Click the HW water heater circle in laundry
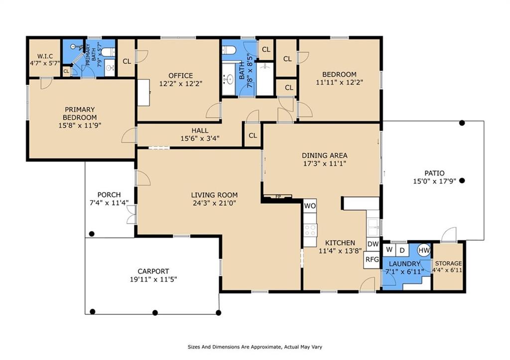click(x=424, y=249)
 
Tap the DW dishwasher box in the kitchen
click(x=373, y=244)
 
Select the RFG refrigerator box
click(x=372, y=259)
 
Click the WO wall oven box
click(x=310, y=206)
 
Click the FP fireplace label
click(x=278, y=197)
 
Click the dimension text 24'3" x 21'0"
click(x=214, y=203)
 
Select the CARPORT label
click(x=153, y=271)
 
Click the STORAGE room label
click(x=448, y=263)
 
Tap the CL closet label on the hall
click(x=253, y=135)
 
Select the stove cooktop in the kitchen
click(x=310, y=230)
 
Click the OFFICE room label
click(x=180, y=76)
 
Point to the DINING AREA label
click(x=324, y=155)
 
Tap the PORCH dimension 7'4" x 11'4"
click(x=109, y=203)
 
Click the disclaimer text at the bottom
click(x=257, y=347)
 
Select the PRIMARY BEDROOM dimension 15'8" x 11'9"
click(x=79, y=125)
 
